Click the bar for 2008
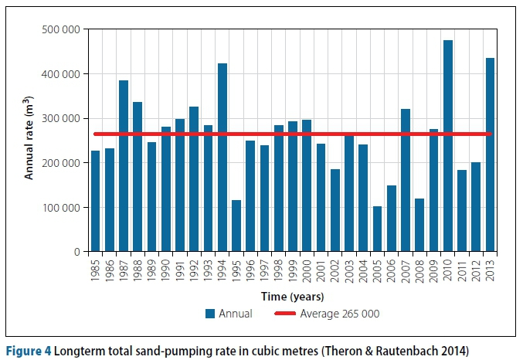(419, 225)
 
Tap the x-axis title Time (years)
(292, 296)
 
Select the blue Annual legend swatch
(209, 314)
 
